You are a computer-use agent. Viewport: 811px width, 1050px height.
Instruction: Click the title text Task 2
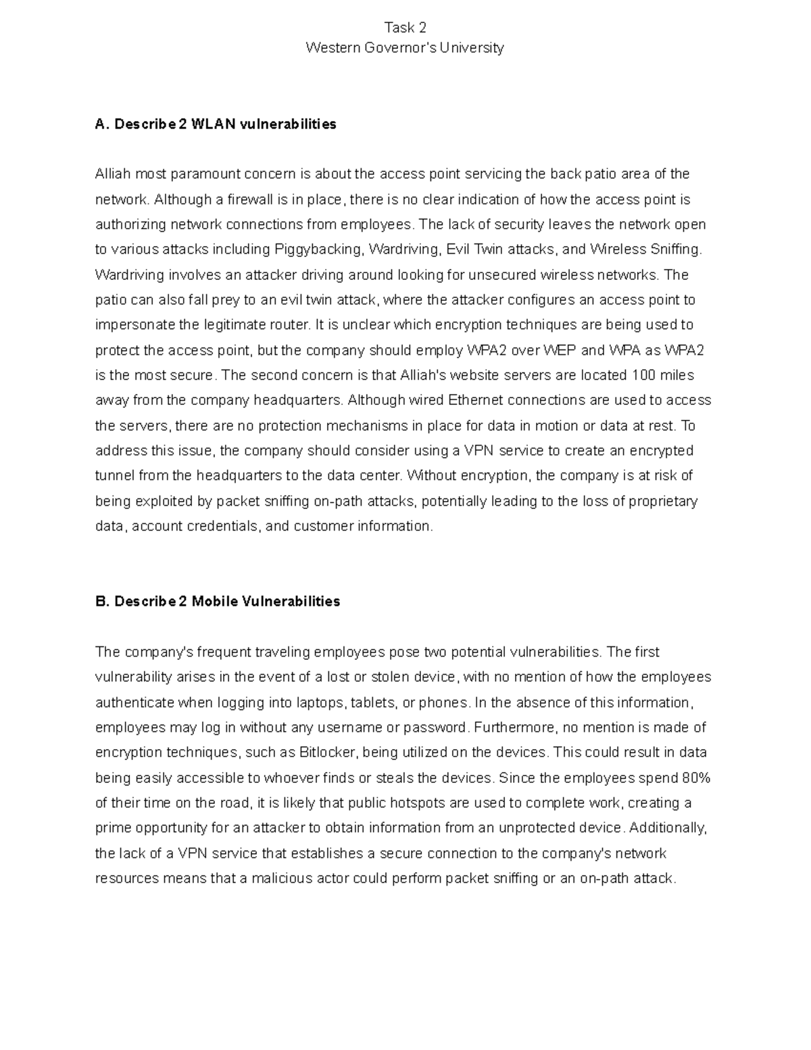coord(405,28)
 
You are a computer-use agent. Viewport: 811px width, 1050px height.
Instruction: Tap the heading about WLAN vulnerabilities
coord(216,124)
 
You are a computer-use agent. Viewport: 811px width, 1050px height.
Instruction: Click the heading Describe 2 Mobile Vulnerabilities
coord(218,601)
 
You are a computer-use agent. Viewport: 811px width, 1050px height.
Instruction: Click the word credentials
coord(224,526)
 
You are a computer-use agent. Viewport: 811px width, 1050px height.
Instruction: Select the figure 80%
coord(696,778)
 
